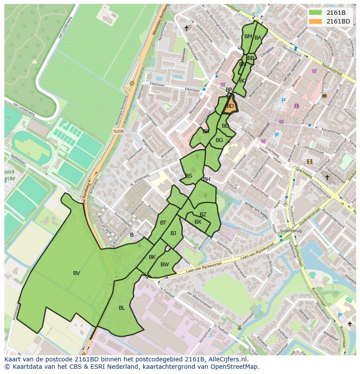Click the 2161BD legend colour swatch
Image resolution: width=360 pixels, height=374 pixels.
coord(316,21)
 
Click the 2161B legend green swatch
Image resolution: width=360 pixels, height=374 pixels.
coord(316,13)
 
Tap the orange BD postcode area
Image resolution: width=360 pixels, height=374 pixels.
coord(230,106)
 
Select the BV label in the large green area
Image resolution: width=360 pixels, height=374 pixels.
coord(77,273)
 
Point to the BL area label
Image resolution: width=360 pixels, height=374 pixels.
coord(122,308)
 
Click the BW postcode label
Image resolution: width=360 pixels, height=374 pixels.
coord(164,265)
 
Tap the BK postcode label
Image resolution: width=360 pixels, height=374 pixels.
coord(152,257)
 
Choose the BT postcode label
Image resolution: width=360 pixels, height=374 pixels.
coord(163,223)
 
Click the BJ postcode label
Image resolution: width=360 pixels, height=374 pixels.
coord(173,233)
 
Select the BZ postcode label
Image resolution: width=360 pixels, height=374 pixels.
coord(203,215)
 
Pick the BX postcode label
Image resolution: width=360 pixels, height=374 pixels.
coord(198,222)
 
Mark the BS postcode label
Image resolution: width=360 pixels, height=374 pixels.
coord(189,176)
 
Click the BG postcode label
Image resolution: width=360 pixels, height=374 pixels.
coord(219,140)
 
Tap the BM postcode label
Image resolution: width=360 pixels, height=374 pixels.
coord(248,36)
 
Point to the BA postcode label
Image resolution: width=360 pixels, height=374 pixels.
coord(258,38)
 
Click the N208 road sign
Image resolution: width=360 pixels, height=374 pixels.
coord(118,130)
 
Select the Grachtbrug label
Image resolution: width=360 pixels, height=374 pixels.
coord(290,231)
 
